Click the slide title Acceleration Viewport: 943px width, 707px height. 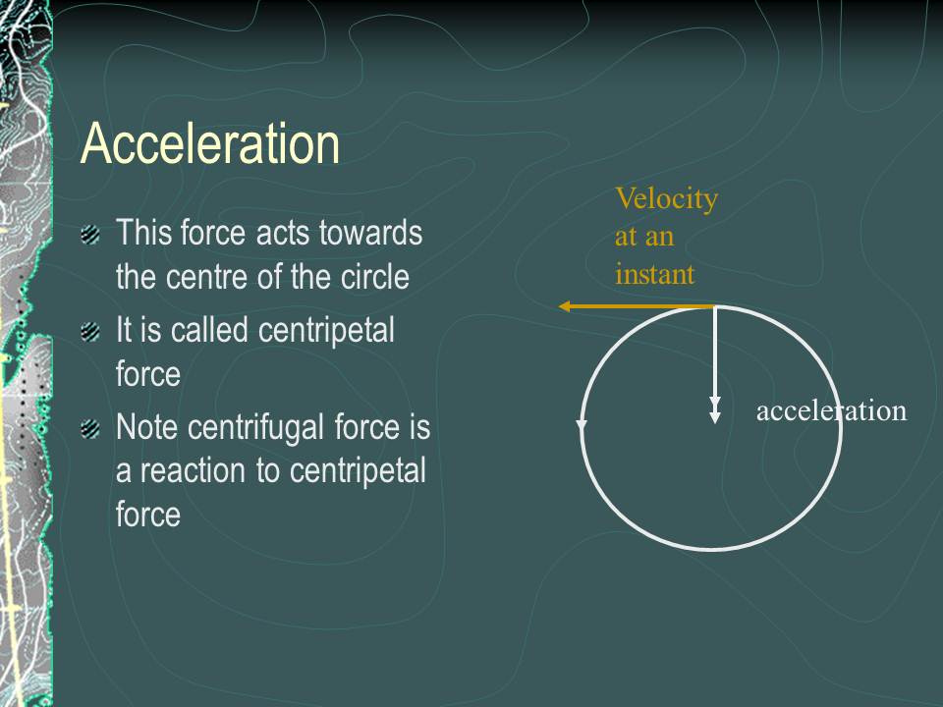210,144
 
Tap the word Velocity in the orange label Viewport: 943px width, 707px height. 666,199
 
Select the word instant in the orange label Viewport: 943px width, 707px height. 654,274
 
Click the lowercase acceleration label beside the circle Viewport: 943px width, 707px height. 831,410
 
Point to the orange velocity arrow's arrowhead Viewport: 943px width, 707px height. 566,306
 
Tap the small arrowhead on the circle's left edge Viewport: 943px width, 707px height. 582,425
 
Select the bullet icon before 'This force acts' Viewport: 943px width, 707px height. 90,235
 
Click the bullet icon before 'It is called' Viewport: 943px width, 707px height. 90,332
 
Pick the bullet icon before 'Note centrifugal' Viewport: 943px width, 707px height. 90,429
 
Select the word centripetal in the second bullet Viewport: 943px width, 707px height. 326,331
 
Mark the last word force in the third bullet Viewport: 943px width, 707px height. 148,515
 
